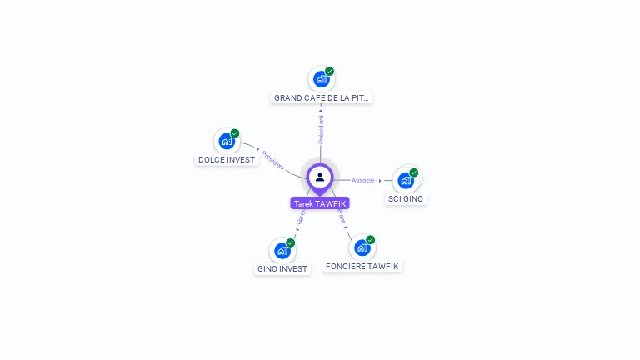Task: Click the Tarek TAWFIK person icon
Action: (x=320, y=177)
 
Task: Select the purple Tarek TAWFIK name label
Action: (x=320, y=203)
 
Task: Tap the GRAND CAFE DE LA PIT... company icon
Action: (x=321, y=80)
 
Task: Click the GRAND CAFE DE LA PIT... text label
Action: (x=322, y=97)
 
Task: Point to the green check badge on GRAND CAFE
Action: (x=330, y=72)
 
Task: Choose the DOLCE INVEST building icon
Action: (x=226, y=142)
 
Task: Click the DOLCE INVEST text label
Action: (x=227, y=159)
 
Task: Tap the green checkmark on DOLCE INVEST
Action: (x=235, y=133)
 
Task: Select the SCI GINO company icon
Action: (x=406, y=180)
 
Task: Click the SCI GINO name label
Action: (x=407, y=199)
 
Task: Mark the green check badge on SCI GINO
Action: (x=414, y=172)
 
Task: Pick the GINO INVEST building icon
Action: (x=282, y=250)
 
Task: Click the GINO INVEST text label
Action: (x=282, y=269)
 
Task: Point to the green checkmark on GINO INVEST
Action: (x=291, y=242)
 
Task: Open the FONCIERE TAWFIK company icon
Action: (x=362, y=247)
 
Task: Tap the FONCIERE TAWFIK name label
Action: (x=362, y=267)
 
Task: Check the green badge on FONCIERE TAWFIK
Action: (x=371, y=240)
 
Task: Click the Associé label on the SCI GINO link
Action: (x=363, y=180)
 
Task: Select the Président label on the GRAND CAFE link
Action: (x=321, y=129)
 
